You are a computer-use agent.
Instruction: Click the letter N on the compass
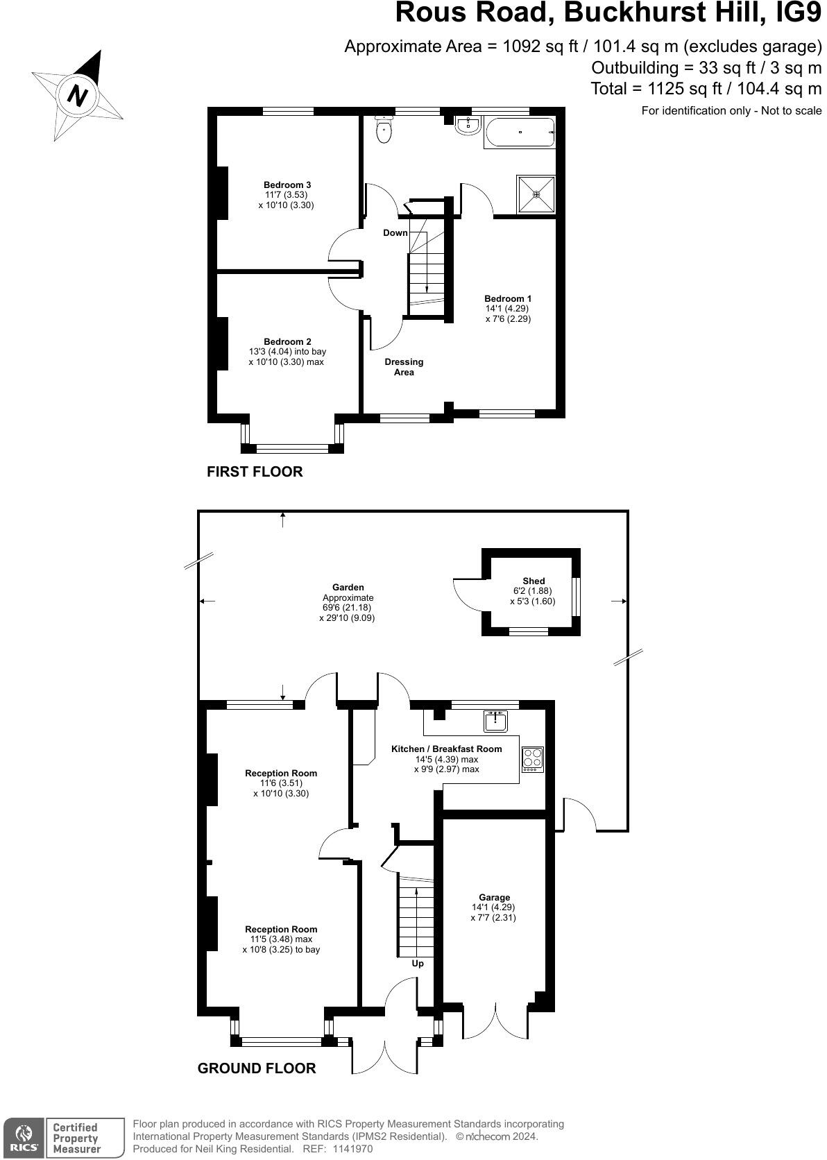click(x=78, y=96)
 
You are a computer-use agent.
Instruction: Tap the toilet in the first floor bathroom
click(x=384, y=129)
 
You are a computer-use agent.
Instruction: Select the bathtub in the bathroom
click(x=520, y=133)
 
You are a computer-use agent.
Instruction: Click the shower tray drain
click(x=536, y=195)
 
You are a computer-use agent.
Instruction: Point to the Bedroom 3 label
click(x=287, y=185)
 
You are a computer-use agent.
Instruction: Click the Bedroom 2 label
click(x=287, y=342)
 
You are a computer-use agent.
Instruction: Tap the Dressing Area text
click(x=404, y=367)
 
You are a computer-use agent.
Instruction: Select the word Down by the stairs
click(x=395, y=233)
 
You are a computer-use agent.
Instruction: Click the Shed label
click(x=534, y=581)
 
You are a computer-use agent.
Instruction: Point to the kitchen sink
click(x=495, y=721)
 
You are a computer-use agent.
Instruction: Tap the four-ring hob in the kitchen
click(x=533, y=760)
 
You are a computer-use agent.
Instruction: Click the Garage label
click(x=495, y=898)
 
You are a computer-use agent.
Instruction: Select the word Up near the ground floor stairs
click(x=418, y=964)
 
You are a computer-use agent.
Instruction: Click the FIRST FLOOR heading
click(x=255, y=472)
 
